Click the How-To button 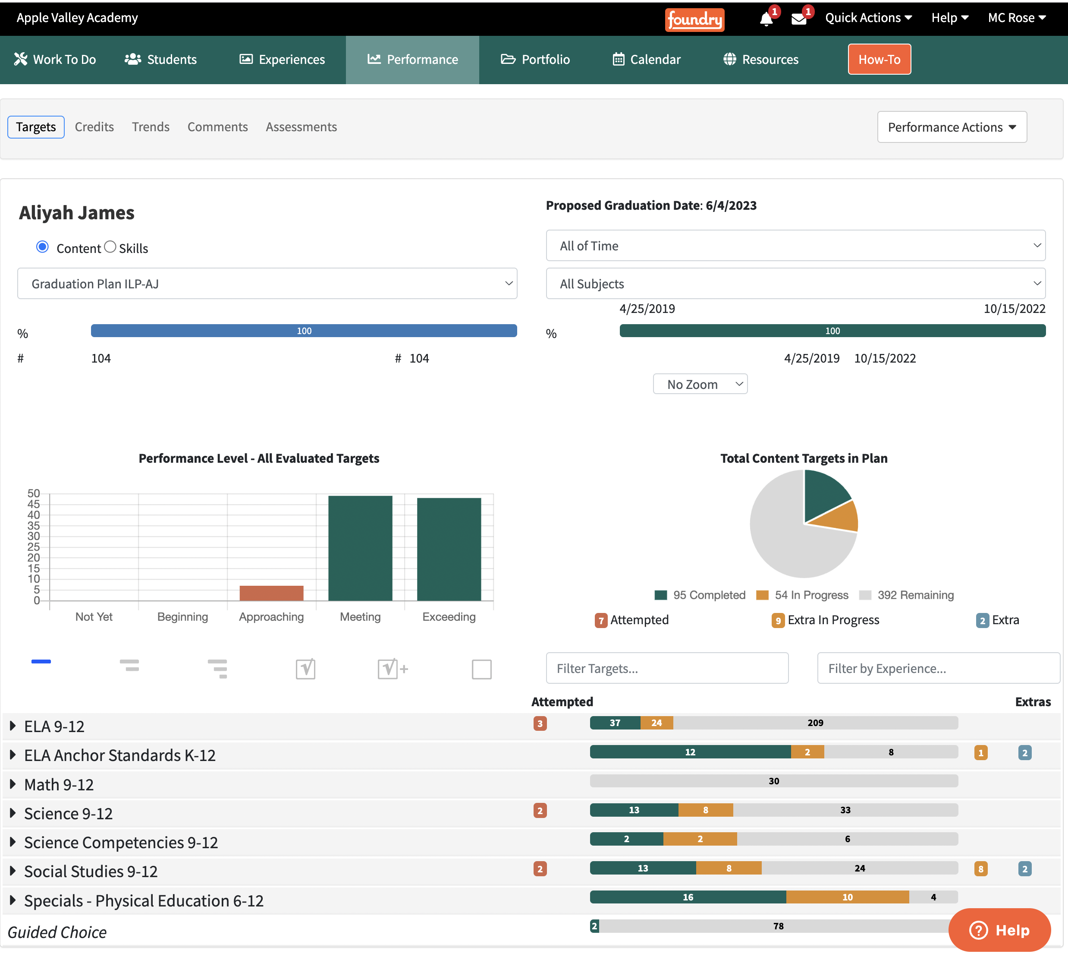point(879,59)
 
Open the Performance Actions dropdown point(952,127)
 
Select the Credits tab point(94,127)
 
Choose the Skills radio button point(110,247)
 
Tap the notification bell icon point(766,19)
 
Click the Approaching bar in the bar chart point(271,593)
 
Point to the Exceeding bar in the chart point(449,549)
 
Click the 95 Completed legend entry point(700,595)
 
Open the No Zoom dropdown point(700,384)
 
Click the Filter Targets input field point(667,668)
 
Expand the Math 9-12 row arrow point(13,784)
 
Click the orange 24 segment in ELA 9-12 point(657,723)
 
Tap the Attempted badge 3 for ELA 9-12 point(540,723)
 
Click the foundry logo point(694,19)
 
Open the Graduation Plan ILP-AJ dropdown point(267,284)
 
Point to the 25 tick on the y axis point(34,547)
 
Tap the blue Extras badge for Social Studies point(1025,869)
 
